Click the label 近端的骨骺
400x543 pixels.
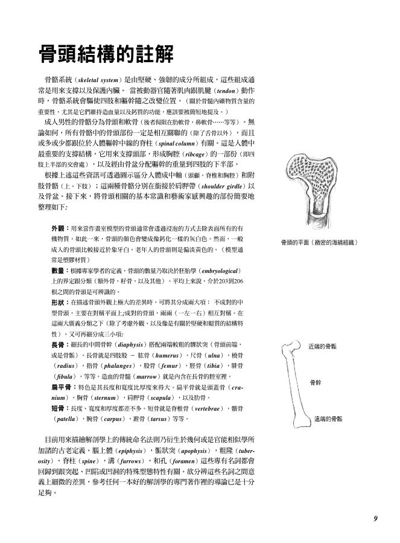coord(322,348)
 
